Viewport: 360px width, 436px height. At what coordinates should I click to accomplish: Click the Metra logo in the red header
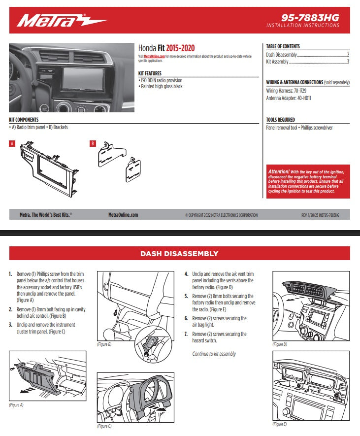[62, 21]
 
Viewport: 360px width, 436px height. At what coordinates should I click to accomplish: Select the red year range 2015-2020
[180, 48]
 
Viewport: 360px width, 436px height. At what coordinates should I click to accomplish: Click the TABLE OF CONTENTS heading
[283, 46]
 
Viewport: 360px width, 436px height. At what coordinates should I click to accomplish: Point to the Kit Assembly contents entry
[277, 62]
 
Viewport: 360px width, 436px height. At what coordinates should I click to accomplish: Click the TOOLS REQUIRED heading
[280, 120]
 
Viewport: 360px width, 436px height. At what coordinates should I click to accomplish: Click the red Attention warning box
[308, 181]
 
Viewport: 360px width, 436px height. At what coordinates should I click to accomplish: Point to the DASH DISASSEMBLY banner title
[179, 254]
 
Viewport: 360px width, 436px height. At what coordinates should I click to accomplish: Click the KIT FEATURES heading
[150, 73]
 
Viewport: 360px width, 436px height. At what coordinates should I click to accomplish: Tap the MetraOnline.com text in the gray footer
[123, 215]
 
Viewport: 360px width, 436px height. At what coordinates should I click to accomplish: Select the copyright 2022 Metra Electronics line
[221, 215]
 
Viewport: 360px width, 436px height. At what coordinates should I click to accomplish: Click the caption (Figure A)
[16, 404]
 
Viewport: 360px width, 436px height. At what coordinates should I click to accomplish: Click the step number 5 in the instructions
[186, 297]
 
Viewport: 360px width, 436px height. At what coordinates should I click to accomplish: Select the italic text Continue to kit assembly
[214, 354]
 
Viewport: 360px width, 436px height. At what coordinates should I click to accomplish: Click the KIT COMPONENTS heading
[24, 120]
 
